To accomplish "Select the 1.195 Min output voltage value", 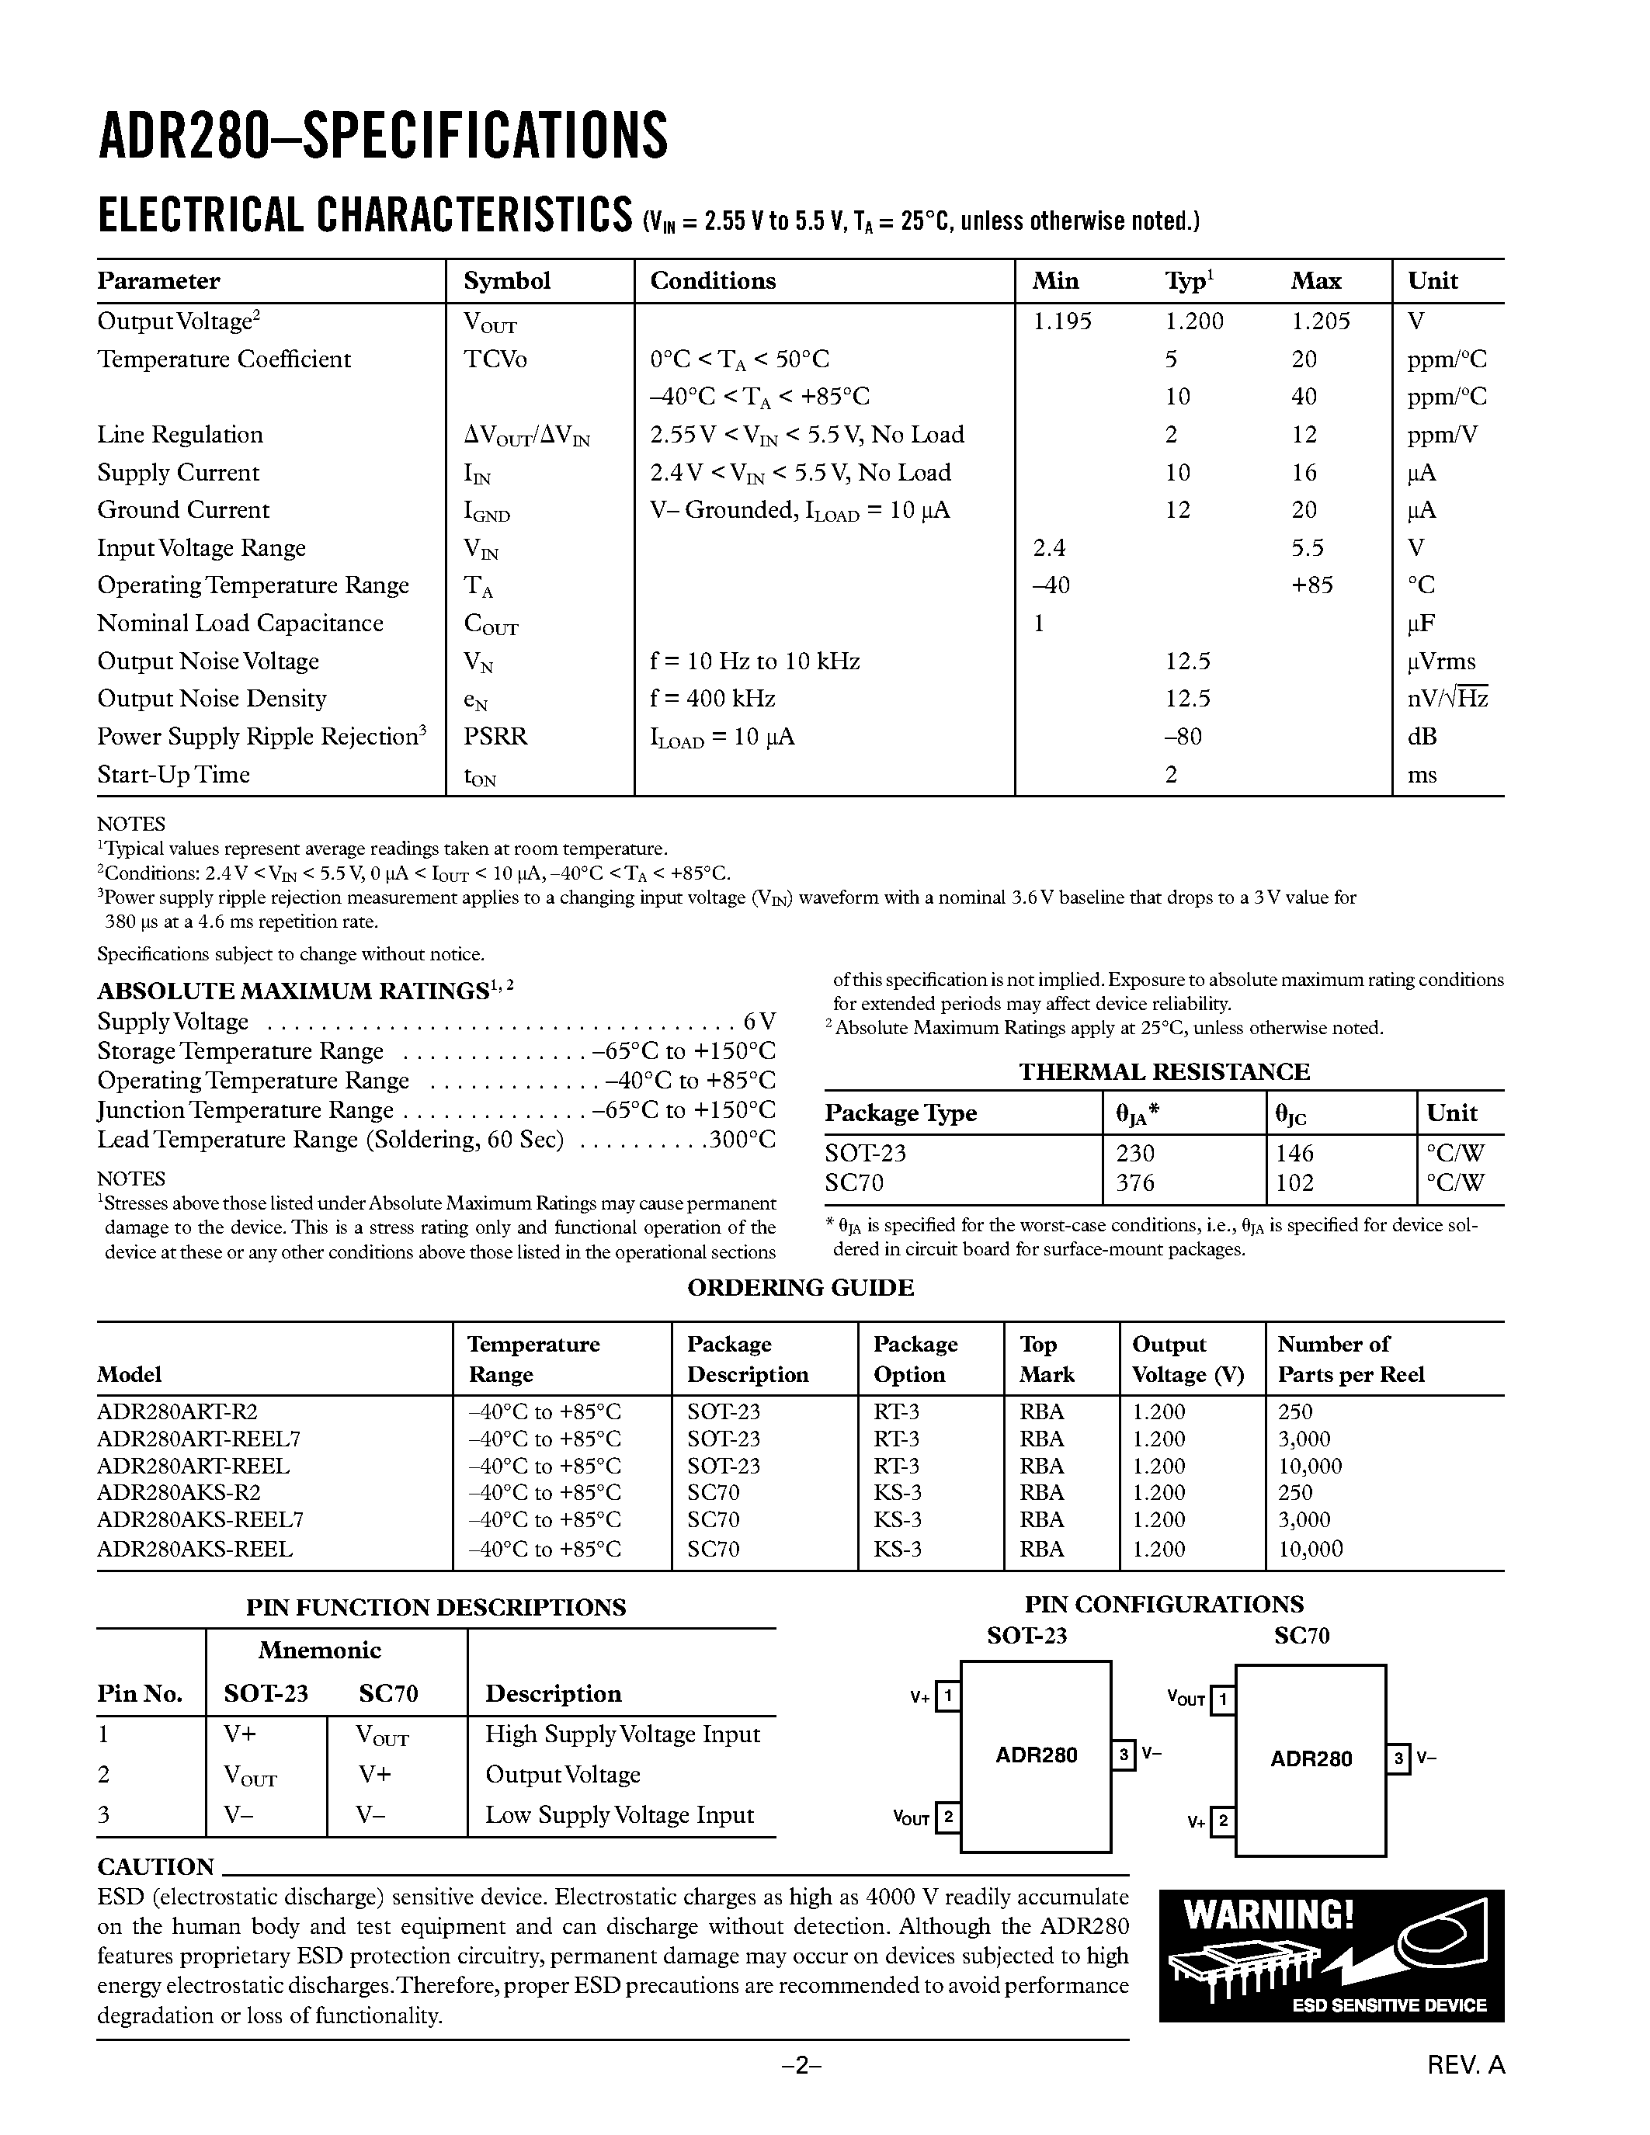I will click(1061, 321).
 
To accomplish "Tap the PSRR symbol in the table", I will click(495, 737).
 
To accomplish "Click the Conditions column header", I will click(713, 282).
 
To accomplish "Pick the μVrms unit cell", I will click(1441, 661).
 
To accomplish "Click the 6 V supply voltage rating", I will click(759, 1022).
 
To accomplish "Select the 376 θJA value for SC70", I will click(1135, 1183).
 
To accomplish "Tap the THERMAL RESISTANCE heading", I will click(1163, 1071).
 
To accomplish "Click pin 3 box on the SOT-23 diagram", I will click(1124, 1755).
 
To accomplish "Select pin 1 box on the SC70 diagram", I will click(1222, 1701).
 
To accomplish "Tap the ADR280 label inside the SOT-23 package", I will click(1036, 1755).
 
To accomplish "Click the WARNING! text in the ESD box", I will click(1269, 1914).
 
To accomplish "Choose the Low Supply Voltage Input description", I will click(620, 1815).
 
